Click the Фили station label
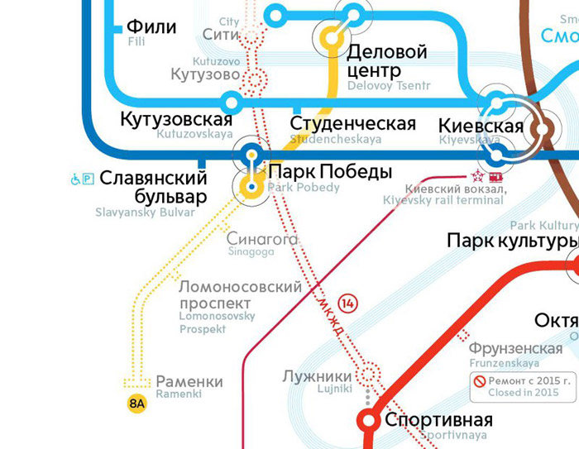[x=152, y=26]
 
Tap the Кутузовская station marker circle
[x=232, y=102]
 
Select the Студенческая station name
[x=352, y=124]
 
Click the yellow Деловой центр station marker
[x=333, y=36]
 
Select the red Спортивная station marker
[x=367, y=419]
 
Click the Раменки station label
[x=189, y=382]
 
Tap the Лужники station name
[x=318, y=375]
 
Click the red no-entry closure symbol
[x=479, y=381]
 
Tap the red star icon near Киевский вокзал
[x=477, y=176]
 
